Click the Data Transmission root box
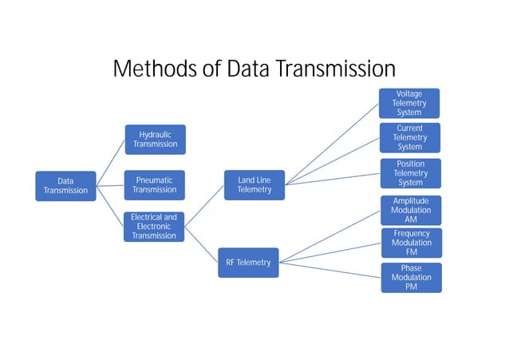point(65,186)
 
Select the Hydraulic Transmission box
point(155,140)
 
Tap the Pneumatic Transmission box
point(155,185)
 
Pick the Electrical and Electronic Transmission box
point(155,226)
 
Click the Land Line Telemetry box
point(254,185)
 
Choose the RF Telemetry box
point(248,263)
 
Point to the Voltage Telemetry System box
point(409,104)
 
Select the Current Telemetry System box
point(409,137)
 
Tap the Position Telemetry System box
point(409,173)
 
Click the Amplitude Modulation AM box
point(410,210)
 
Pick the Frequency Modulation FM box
point(410,243)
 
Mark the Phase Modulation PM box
point(410,278)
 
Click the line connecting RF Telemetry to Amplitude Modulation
point(329,235)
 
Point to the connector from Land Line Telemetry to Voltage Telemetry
point(332,144)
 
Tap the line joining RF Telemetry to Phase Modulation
point(329,269)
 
